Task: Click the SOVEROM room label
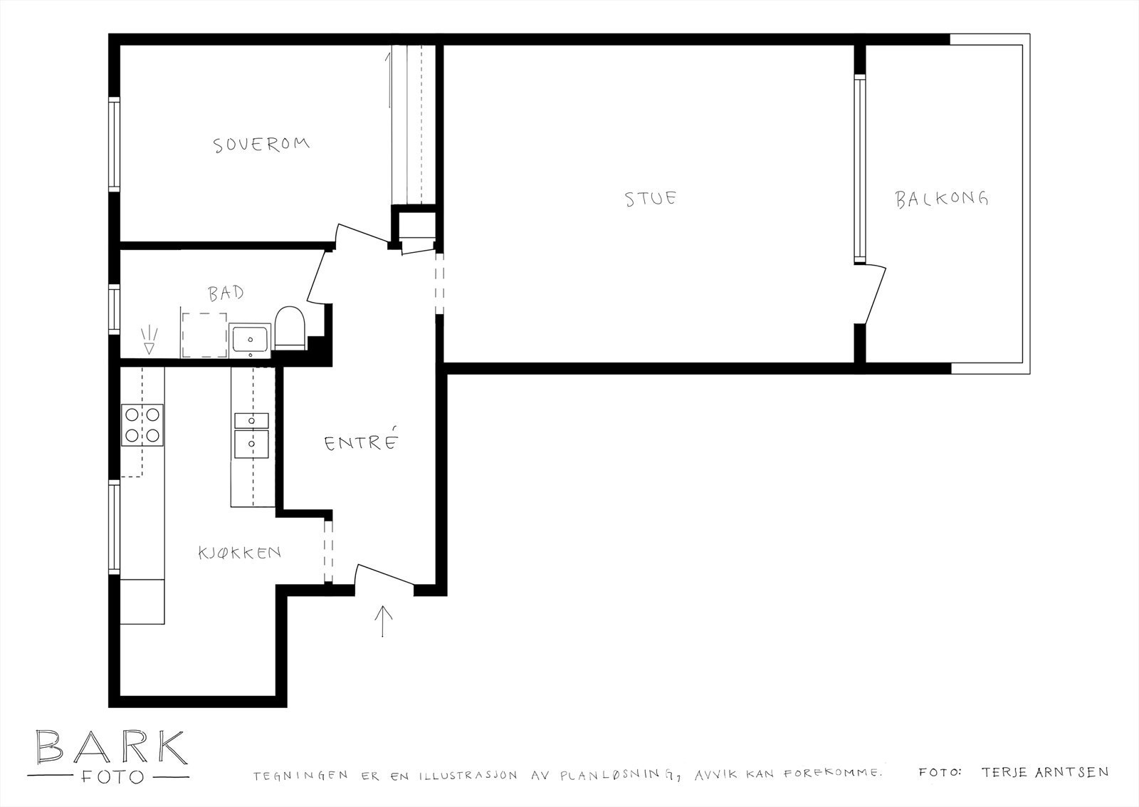(261, 145)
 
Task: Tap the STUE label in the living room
(651, 198)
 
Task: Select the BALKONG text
(942, 199)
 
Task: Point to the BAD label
(226, 293)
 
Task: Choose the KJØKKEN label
(239, 553)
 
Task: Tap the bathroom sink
(250, 340)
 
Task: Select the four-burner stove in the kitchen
(142, 425)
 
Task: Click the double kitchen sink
(251, 436)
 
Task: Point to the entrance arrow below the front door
(383, 621)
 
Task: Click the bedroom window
(115, 145)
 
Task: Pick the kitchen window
(115, 527)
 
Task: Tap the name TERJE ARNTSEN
(1045, 772)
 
